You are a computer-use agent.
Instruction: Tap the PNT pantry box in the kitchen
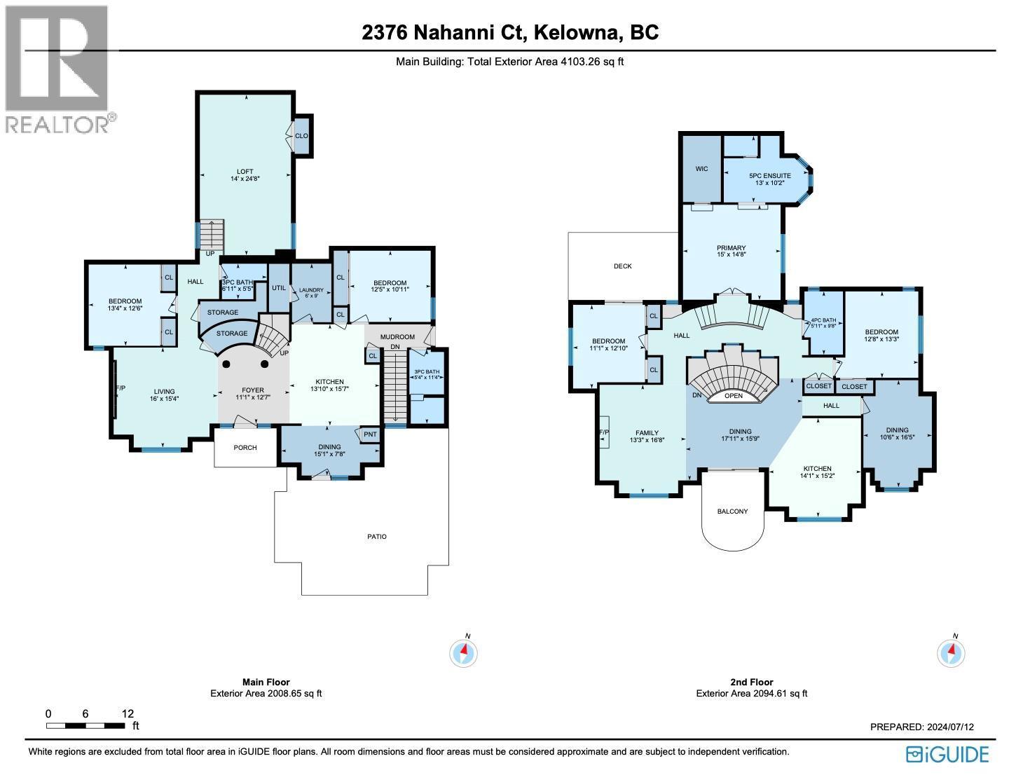click(x=370, y=434)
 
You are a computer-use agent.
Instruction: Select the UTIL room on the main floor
click(x=279, y=287)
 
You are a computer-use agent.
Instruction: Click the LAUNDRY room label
click(x=310, y=290)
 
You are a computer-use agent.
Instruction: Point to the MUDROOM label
click(x=398, y=337)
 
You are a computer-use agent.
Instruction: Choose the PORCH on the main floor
click(x=245, y=447)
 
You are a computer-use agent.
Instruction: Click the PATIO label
click(x=377, y=537)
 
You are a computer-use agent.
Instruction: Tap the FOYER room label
click(x=253, y=390)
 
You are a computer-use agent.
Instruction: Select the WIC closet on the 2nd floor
click(x=702, y=169)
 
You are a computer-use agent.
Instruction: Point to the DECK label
click(x=622, y=266)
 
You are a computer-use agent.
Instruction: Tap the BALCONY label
click(x=732, y=512)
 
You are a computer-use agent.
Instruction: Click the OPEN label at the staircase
click(x=733, y=396)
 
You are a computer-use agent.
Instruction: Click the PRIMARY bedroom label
click(x=731, y=248)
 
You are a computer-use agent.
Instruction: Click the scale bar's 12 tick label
click(x=128, y=713)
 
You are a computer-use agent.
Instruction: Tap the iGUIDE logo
click(x=947, y=754)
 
